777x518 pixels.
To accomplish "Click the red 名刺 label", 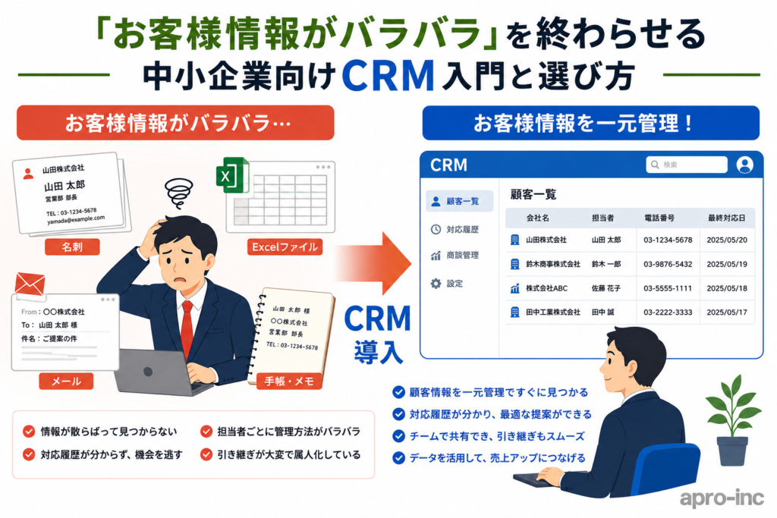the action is (72, 246).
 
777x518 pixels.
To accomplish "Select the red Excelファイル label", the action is (285, 246).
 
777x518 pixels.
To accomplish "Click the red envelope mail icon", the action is (30, 284).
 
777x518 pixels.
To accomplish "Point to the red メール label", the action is (67, 381).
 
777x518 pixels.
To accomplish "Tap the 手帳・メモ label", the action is (289, 381).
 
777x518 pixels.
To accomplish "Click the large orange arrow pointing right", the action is (373, 263).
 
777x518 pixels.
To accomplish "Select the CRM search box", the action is (686, 165).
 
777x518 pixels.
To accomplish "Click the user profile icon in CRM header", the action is (744, 165).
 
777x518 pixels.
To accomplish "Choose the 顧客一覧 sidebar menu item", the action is (459, 201).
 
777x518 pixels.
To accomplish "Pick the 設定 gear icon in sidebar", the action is (436, 283).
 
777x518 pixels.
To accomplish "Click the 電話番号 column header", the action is (659, 218).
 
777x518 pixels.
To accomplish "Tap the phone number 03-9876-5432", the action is (668, 264).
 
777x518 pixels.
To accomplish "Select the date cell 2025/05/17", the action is (726, 312).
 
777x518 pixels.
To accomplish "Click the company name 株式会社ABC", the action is (546, 287).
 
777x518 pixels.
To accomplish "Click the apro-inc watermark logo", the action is (722, 498).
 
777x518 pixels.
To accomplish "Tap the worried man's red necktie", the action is (187, 328).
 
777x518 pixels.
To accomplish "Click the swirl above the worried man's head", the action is (178, 193).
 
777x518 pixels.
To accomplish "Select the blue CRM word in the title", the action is (388, 76).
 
